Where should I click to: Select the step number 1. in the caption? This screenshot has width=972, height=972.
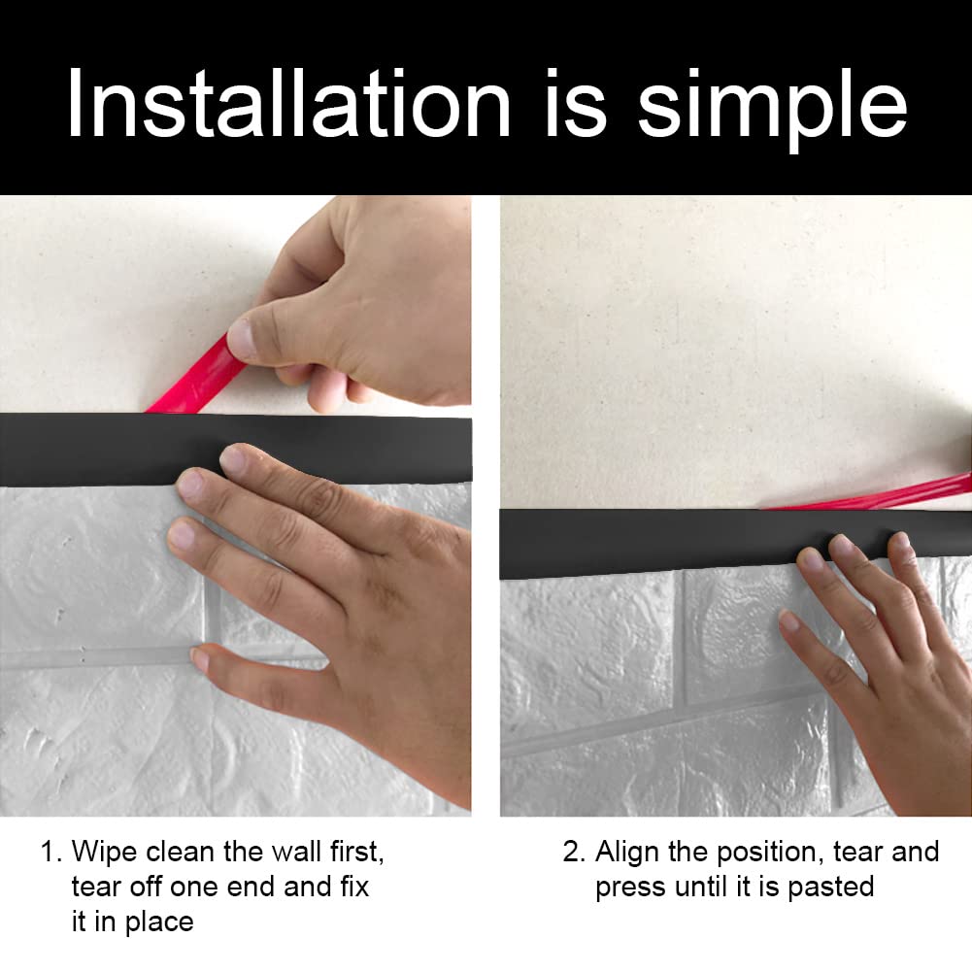[x=51, y=852]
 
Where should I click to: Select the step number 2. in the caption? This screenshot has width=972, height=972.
[x=574, y=852]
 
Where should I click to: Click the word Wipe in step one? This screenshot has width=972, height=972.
[x=104, y=852]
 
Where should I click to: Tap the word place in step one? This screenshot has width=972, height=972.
[x=159, y=922]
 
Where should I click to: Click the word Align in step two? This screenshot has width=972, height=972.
[x=626, y=853]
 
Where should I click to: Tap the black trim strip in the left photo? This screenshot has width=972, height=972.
[x=236, y=449]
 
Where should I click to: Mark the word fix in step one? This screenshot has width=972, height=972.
[x=354, y=887]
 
